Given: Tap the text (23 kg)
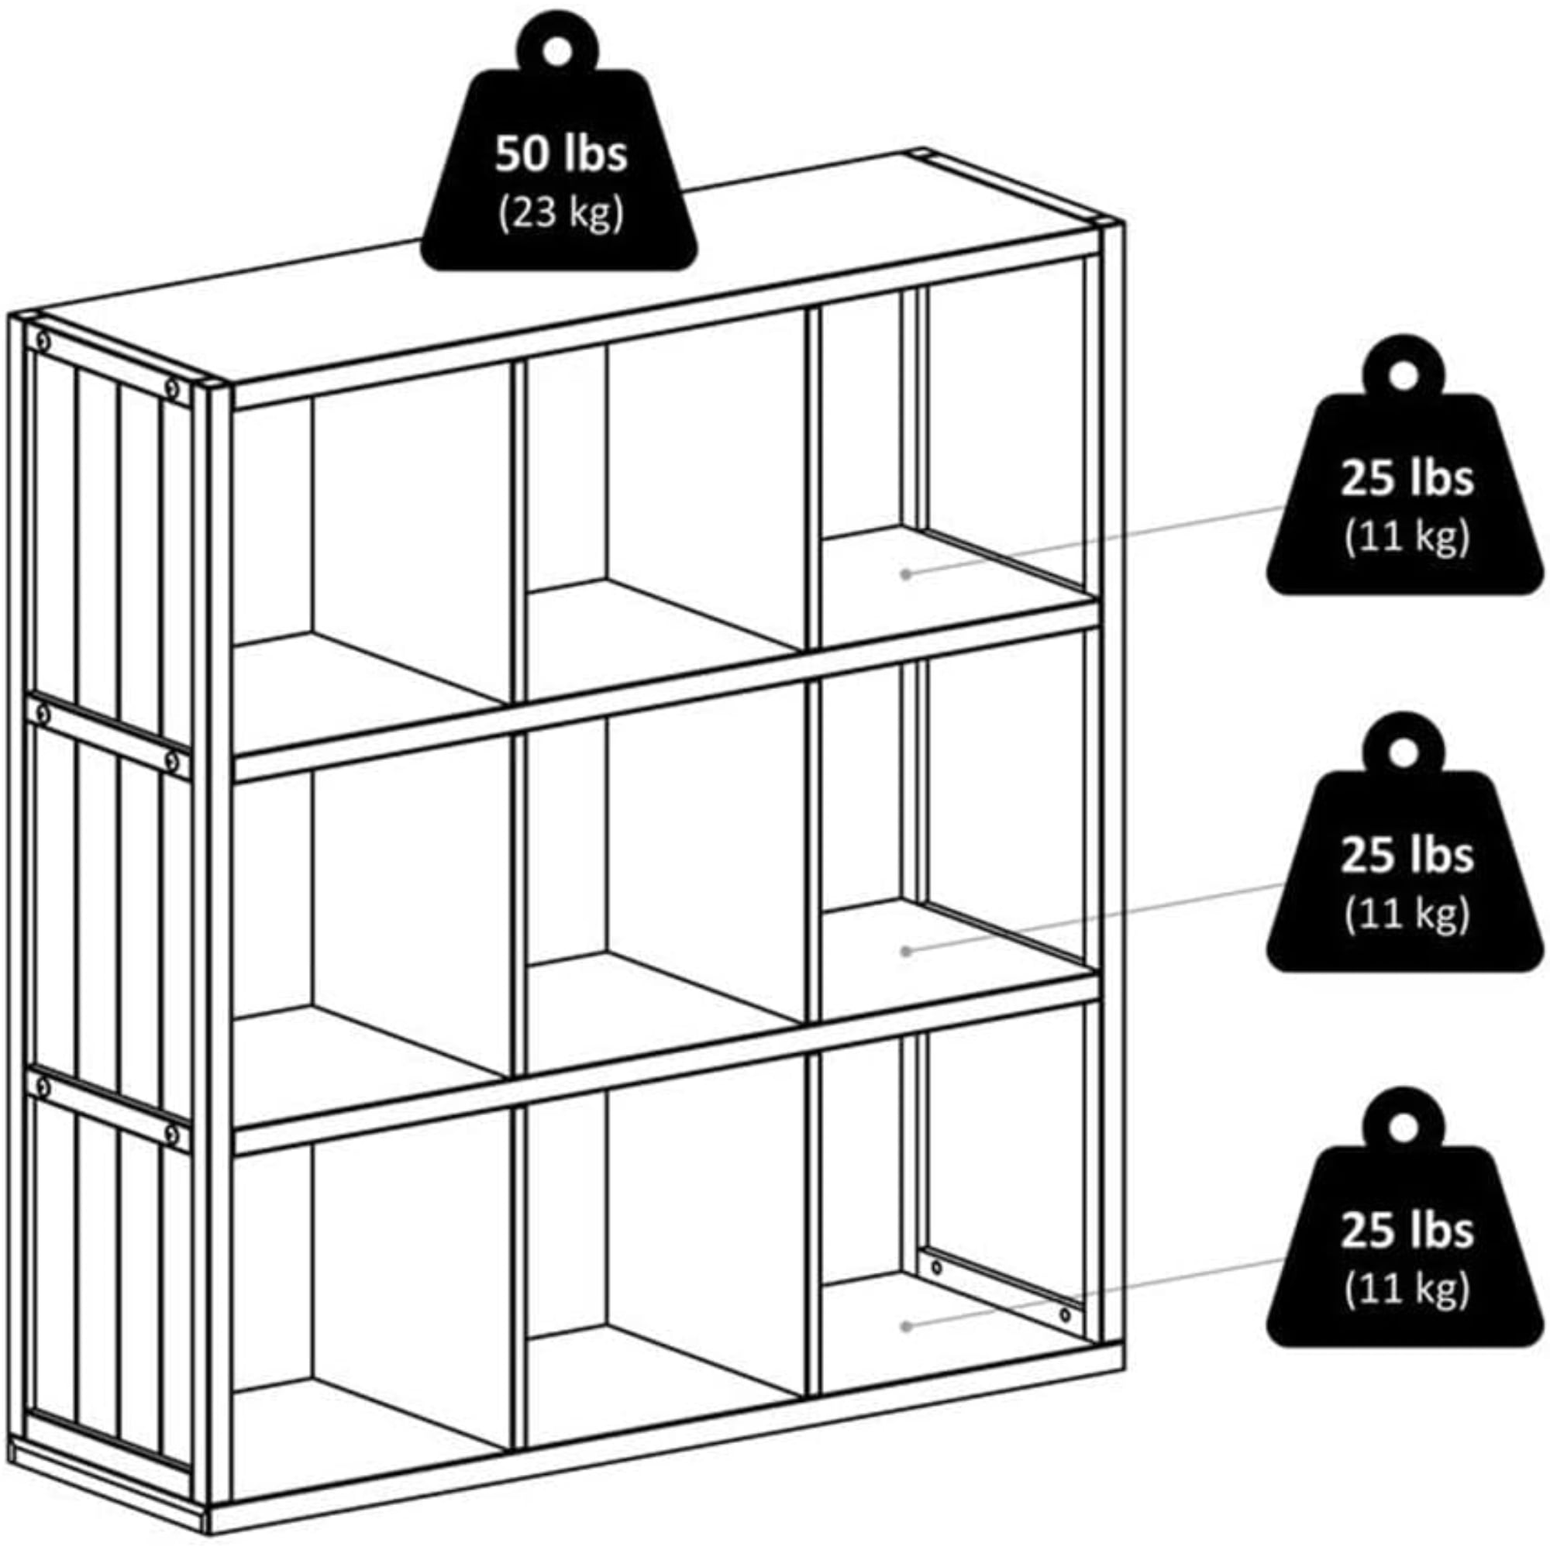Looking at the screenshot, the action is coord(560,214).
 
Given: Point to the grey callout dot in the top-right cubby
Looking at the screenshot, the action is coord(906,574).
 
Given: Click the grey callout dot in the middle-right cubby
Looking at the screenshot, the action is coord(906,951).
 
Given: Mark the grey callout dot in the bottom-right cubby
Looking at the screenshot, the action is coord(906,1327).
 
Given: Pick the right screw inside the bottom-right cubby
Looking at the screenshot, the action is coord(1065,1315).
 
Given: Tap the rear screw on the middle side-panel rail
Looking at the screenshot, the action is coord(43,712).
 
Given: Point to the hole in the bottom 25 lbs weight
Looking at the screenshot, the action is coord(1404,1127).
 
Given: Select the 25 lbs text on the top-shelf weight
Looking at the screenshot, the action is coord(1407,479).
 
